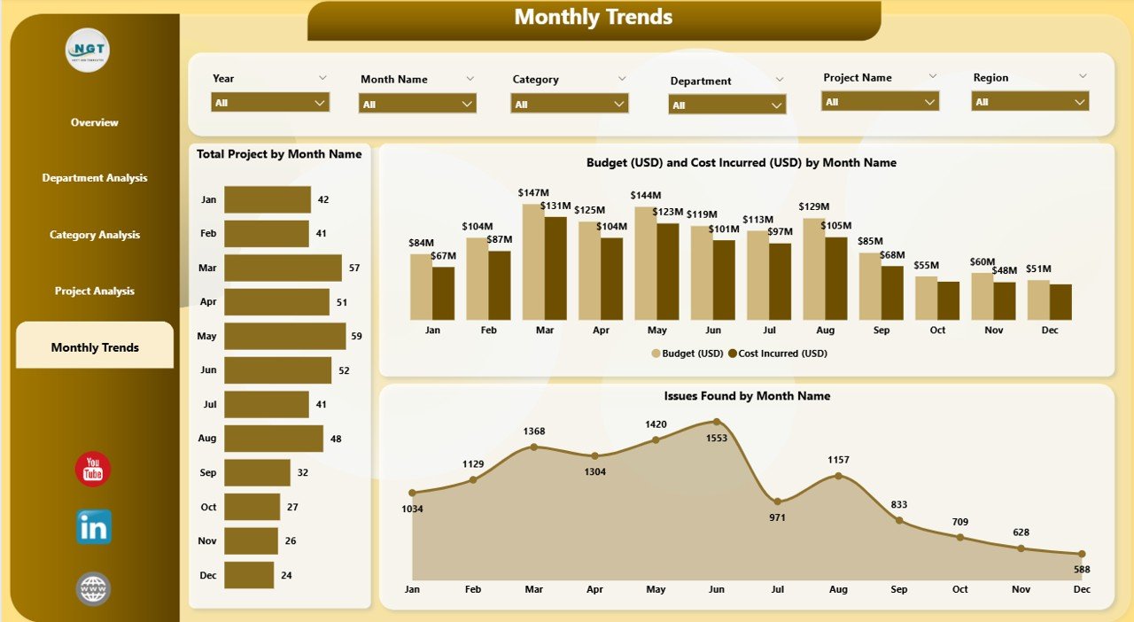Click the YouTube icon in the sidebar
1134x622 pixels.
pos(93,470)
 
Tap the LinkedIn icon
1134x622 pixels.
pos(94,527)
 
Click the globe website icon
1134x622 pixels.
pos(93,588)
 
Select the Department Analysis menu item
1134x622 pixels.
pos(95,178)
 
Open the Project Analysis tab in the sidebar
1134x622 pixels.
pos(95,292)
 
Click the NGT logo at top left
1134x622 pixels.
pos(88,51)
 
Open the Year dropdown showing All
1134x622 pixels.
pos(270,103)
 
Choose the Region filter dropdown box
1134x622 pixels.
pos(1029,102)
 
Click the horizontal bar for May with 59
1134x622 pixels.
pos(284,336)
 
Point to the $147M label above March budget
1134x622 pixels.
pos(533,192)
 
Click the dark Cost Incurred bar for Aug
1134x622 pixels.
pos(835,278)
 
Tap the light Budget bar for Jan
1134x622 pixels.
pos(422,286)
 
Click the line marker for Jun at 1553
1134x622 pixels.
pos(717,422)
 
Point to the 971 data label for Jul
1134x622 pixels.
pos(777,517)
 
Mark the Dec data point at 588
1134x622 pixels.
pos(1082,554)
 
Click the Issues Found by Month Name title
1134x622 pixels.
pos(746,396)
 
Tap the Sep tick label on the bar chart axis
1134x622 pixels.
pos(882,330)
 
